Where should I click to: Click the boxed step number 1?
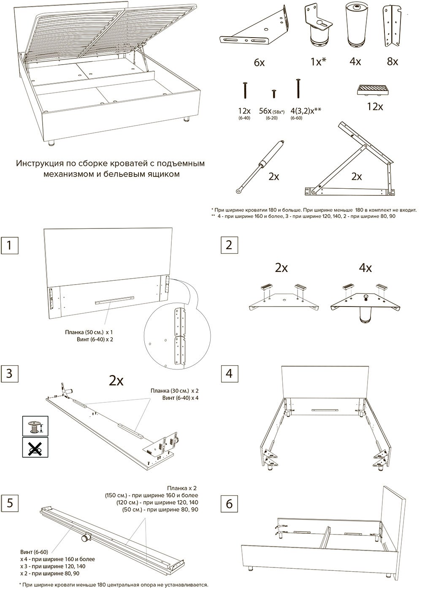click(x=9, y=245)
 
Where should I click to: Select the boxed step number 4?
click(x=229, y=373)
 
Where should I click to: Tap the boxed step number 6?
click(x=229, y=504)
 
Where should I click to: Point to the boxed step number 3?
click(x=9, y=373)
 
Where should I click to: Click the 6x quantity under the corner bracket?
click(x=259, y=62)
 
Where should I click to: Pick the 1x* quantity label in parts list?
click(x=319, y=62)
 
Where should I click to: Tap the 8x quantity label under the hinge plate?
click(x=392, y=62)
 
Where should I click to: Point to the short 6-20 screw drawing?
click(x=274, y=94)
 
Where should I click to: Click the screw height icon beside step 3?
click(x=35, y=426)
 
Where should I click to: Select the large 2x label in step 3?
click(x=116, y=380)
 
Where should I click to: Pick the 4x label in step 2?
click(x=365, y=268)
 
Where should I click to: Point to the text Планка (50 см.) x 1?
click(x=89, y=332)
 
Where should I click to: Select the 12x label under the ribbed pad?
click(x=375, y=107)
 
